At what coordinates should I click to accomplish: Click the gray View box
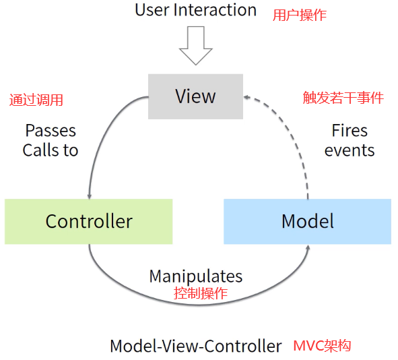click(x=195, y=96)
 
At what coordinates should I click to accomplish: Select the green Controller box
click(x=88, y=221)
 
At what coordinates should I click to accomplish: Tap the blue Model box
click(x=307, y=221)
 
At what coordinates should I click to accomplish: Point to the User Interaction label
click(x=195, y=10)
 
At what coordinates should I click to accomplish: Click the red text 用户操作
click(x=300, y=16)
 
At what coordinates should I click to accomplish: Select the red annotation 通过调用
click(x=36, y=100)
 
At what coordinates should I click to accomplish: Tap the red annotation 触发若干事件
click(x=343, y=98)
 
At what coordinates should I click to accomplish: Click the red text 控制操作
click(x=201, y=294)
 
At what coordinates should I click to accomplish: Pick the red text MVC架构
click(x=322, y=346)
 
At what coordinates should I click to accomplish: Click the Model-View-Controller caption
click(x=195, y=347)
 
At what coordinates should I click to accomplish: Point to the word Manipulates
click(x=195, y=276)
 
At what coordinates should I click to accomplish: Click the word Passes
click(x=51, y=131)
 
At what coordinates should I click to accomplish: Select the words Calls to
click(x=51, y=150)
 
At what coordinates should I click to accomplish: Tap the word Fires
click(x=349, y=131)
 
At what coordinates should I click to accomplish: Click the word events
click(x=349, y=150)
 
